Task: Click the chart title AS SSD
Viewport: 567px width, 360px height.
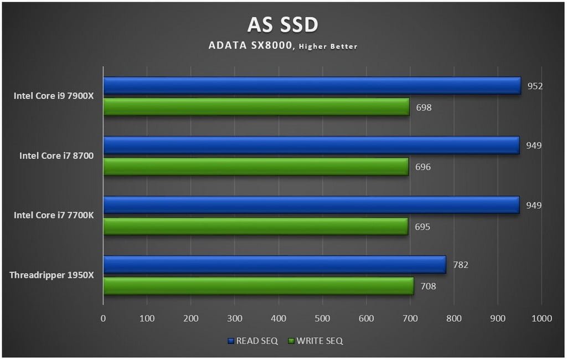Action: pyautogui.click(x=283, y=25)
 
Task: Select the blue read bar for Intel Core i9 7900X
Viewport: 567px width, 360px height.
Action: pyautogui.click(x=312, y=86)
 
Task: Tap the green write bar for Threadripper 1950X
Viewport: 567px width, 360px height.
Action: pyautogui.click(x=258, y=286)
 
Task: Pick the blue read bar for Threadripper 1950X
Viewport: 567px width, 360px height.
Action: pyautogui.click(x=274, y=265)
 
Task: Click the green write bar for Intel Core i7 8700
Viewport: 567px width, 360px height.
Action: pyautogui.click(x=256, y=167)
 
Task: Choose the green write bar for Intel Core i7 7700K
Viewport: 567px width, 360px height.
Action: pyautogui.click(x=255, y=226)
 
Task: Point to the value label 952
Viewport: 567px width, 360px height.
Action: pyautogui.click(x=535, y=86)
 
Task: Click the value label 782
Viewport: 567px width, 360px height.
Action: pyautogui.click(x=461, y=265)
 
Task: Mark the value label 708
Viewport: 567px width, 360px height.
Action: pyautogui.click(x=428, y=286)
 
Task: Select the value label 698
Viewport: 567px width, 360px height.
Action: pyautogui.click(x=424, y=107)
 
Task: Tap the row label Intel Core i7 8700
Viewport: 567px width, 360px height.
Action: pyautogui.click(x=56, y=156)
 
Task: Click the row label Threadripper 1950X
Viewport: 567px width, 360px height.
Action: pyautogui.click(x=51, y=275)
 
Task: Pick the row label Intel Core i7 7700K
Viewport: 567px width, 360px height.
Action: pyautogui.click(x=54, y=215)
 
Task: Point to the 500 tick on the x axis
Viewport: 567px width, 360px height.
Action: pyautogui.click(x=322, y=318)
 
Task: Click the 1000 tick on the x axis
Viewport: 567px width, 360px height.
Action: pyautogui.click(x=541, y=318)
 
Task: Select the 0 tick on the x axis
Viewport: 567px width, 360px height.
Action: pyautogui.click(x=103, y=318)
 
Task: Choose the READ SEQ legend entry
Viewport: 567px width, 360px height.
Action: pyautogui.click(x=253, y=341)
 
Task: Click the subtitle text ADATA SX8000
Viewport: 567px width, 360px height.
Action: pyautogui.click(x=250, y=46)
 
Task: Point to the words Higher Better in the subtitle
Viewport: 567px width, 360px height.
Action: pyautogui.click(x=328, y=47)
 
